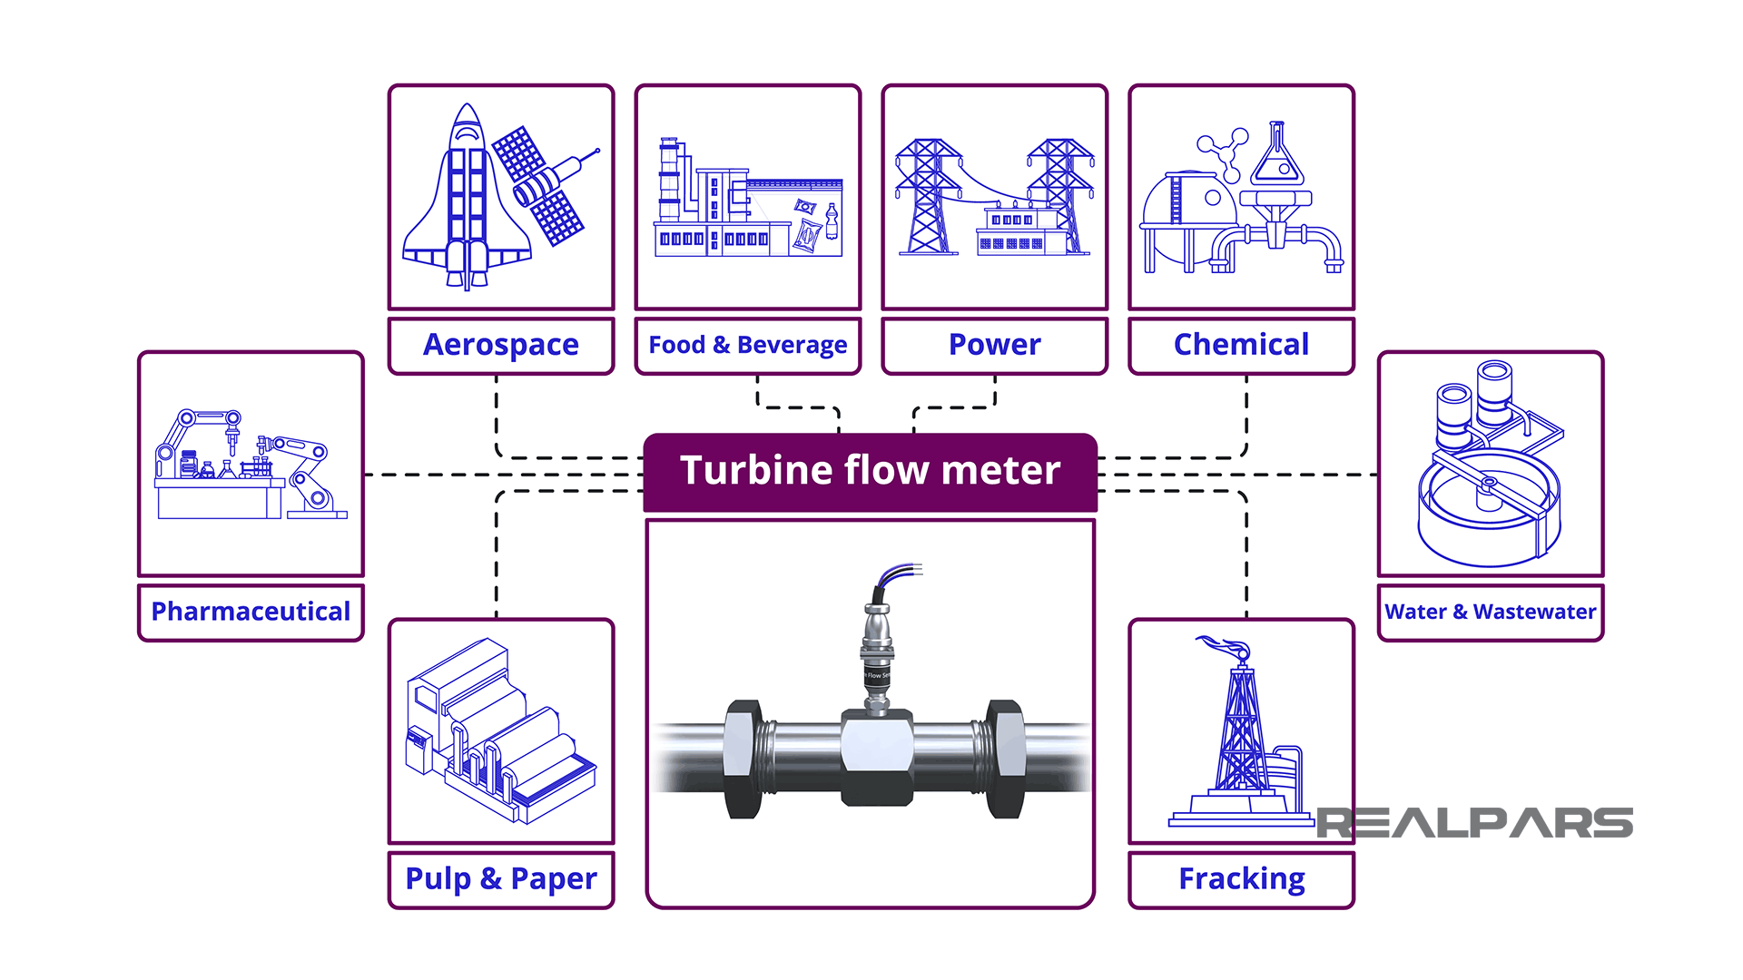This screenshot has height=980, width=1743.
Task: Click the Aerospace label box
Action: [x=500, y=345]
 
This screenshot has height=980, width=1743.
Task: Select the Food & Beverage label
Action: [x=747, y=345]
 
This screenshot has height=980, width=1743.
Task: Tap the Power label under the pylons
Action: [x=994, y=345]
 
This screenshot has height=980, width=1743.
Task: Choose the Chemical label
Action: [x=1241, y=345]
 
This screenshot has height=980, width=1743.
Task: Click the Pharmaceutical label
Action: [x=251, y=612]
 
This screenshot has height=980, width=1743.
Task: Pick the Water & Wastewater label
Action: [x=1490, y=612]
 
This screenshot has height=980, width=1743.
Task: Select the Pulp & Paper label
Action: [x=500, y=878]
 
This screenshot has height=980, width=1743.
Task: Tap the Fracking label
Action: [x=1241, y=878]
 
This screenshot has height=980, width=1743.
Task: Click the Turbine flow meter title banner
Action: [x=870, y=471]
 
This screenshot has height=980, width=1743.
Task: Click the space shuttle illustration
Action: [x=467, y=204]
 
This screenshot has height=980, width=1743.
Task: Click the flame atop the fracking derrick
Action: [x=1226, y=647]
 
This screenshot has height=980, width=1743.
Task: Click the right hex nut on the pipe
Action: [x=1005, y=759]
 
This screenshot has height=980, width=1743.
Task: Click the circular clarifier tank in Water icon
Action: [x=1489, y=508]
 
